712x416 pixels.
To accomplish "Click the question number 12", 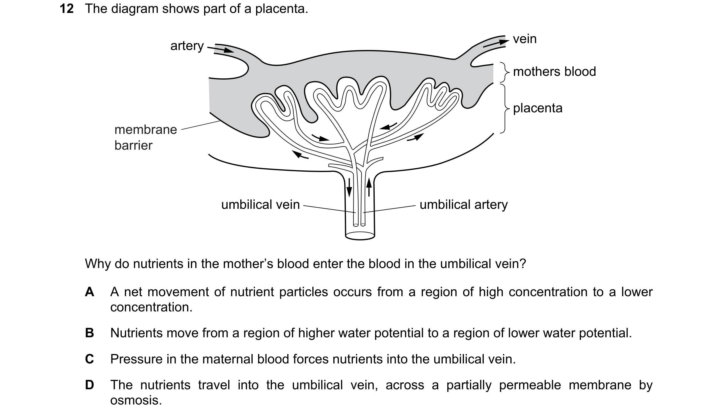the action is click(67, 9).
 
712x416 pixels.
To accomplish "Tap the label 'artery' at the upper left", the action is click(187, 46).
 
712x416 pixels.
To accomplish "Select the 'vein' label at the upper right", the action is click(525, 39).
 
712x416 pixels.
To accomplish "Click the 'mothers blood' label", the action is click(554, 71).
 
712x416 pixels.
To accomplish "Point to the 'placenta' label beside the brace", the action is click(538, 108).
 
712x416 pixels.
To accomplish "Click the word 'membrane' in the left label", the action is click(146, 130).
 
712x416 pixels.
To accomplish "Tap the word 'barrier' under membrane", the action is click(133, 145).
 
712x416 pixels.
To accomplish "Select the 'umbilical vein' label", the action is click(260, 205).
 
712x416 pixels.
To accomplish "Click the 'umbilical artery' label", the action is click(464, 205).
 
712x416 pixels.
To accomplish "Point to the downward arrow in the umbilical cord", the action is click(349, 187).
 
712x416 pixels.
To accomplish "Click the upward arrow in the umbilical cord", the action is click(369, 187).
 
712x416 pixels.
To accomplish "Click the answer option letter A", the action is click(90, 292).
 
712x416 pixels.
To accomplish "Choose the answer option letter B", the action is click(90, 333).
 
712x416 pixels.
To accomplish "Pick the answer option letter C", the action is click(90, 359).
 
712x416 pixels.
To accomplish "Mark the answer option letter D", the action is click(90, 385).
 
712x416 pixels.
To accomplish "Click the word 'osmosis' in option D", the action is click(136, 400).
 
